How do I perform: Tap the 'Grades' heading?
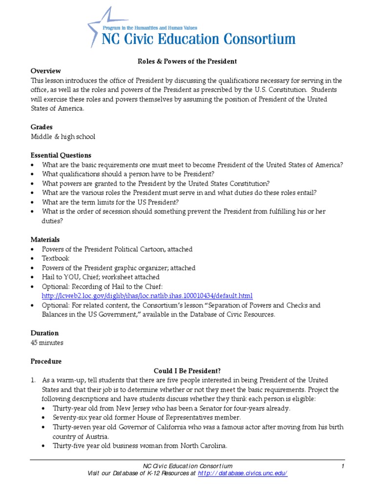click(42, 127)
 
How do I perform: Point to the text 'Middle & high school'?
click(63, 137)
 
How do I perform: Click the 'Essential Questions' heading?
click(61, 155)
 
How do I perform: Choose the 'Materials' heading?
click(45, 240)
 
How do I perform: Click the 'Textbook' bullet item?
click(56, 258)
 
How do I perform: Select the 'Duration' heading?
click(45, 333)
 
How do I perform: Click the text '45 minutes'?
click(47, 342)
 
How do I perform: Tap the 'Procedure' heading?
click(46, 361)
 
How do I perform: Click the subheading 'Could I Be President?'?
click(187, 371)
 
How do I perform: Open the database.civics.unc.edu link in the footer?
click(242, 474)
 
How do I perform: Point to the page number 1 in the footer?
click(343, 466)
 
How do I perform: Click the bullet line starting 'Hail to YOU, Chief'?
click(101, 277)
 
